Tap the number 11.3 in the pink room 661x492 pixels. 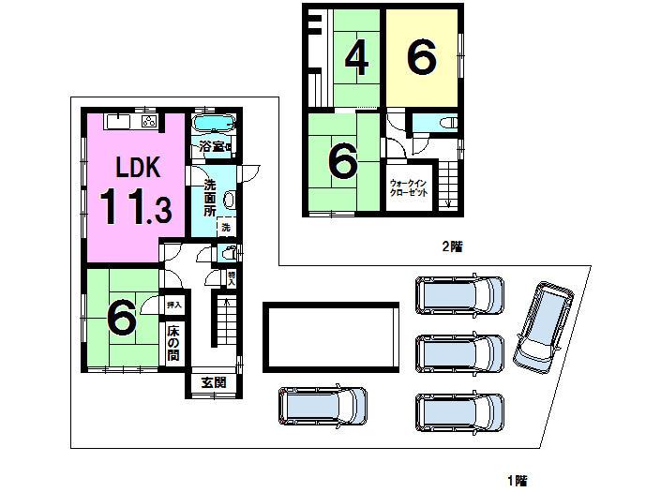[x=136, y=208]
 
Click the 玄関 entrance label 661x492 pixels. [x=214, y=382]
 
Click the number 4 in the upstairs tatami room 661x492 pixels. [x=355, y=59]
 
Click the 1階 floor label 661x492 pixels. [x=517, y=481]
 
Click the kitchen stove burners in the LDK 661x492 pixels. [x=148, y=122]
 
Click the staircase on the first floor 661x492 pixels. [x=225, y=323]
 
